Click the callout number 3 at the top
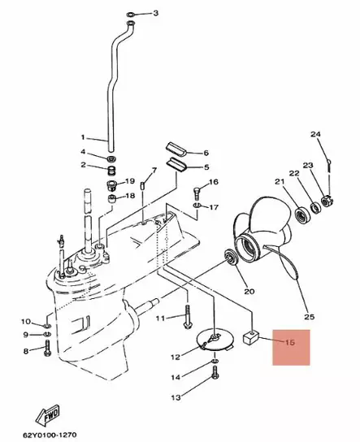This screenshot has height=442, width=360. point(155,13)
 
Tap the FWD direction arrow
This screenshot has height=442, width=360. point(48,414)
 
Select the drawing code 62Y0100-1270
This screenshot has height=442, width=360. point(50,435)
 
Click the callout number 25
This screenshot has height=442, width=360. point(310,317)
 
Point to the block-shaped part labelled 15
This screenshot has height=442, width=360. point(251,337)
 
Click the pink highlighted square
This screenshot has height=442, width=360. point(291,347)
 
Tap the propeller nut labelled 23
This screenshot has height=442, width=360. point(327,201)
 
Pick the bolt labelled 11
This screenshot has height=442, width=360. point(188,317)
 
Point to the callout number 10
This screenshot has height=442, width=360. point(26,322)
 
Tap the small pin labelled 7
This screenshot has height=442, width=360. point(143,186)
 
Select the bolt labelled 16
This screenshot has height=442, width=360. point(197,193)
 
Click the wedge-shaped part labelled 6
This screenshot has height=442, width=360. point(175,148)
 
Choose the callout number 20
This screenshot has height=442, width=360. point(249,291)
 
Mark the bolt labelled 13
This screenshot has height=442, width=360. point(215,372)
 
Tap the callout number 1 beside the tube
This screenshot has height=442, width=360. point(83,137)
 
